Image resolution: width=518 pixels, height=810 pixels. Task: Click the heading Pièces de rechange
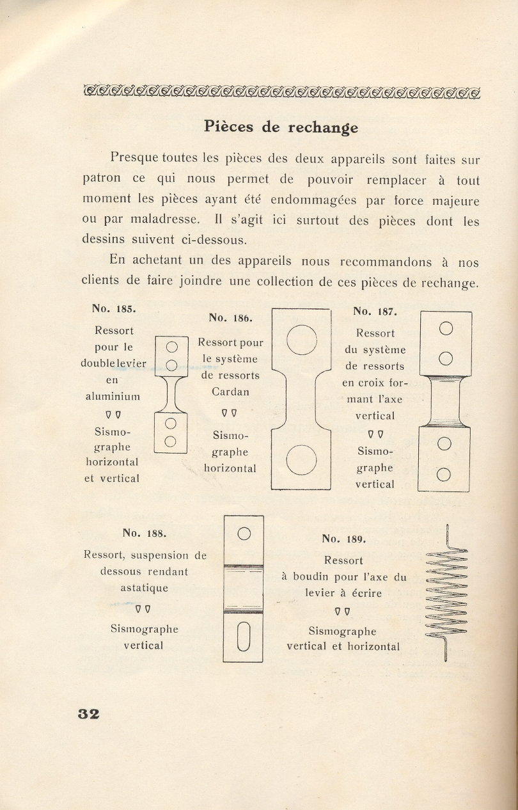coord(281,127)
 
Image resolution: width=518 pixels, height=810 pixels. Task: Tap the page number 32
coord(88,713)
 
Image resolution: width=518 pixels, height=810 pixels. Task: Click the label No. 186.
coord(231,317)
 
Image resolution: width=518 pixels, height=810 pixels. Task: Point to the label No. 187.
coord(375,312)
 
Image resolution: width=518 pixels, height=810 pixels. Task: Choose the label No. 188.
coord(144,532)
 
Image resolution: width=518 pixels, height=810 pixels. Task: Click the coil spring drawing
coord(446,592)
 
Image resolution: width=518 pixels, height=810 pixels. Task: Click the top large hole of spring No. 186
coord(302,340)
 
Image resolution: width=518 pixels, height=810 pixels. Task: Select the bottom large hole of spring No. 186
coord(302,460)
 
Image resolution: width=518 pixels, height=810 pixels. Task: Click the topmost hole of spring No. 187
coord(446,329)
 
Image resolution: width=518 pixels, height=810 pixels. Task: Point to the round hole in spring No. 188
coord(243,533)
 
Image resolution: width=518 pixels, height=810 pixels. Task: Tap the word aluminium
coord(113,397)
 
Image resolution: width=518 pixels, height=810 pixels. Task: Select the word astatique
coord(144,587)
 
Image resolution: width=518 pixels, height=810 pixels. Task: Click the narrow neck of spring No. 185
coord(171,395)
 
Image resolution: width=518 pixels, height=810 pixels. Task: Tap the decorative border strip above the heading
coord(281,91)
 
